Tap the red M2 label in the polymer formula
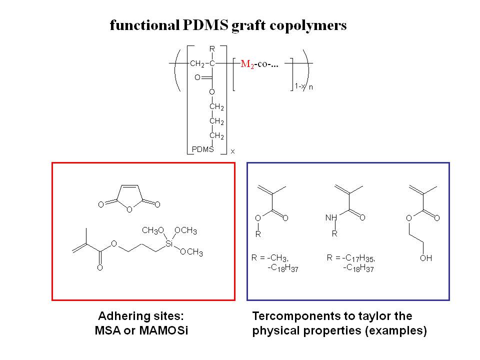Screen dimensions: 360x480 tap(247, 64)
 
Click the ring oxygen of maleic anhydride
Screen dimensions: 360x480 tap(128, 210)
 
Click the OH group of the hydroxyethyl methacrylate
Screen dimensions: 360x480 tap(426, 258)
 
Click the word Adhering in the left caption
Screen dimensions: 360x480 tap(120, 316)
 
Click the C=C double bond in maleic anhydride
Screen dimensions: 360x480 tap(128, 185)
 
